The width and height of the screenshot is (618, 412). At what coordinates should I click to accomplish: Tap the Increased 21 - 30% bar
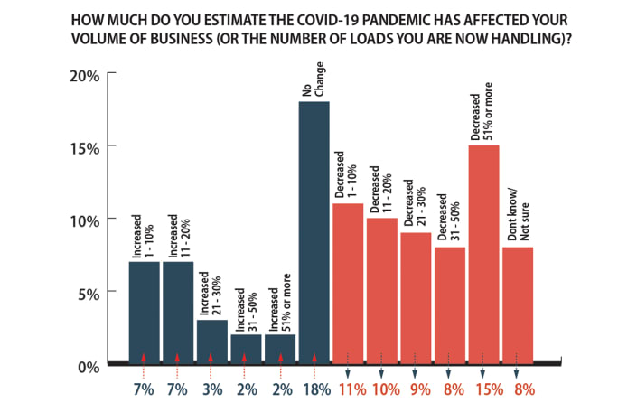pos(211,339)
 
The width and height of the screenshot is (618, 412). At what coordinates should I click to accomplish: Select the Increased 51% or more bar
pos(280,347)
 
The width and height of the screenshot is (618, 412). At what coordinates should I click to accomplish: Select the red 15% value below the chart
pos(483,390)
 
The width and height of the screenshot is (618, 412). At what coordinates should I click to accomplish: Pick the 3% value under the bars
pos(211,390)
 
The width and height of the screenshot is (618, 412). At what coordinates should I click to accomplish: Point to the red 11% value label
pos(349,390)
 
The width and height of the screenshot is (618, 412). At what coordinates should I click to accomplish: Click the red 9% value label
pos(417,390)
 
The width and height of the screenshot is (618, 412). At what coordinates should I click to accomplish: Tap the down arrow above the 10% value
pos(382,370)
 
